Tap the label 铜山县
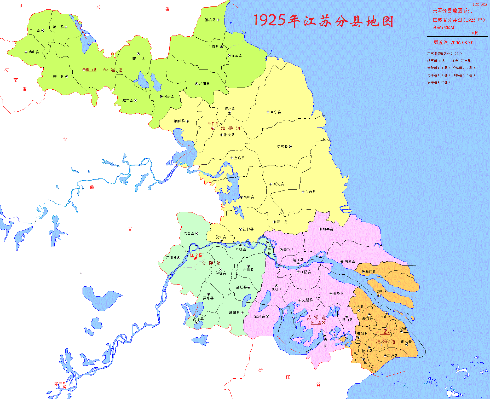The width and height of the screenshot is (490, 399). [x=91, y=70]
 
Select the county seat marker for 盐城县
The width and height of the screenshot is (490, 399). [x=290, y=147]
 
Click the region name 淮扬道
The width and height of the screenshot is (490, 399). [x=230, y=128]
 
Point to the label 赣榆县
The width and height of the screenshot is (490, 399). [x=210, y=20]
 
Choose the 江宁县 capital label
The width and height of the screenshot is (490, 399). [x=196, y=255]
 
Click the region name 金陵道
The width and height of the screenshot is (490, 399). [x=211, y=263]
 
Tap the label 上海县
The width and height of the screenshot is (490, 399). [x=385, y=333]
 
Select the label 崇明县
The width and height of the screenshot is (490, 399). [x=382, y=292]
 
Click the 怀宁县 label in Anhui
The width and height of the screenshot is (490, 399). [x=60, y=384]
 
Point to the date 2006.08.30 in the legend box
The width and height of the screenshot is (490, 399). [x=462, y=43]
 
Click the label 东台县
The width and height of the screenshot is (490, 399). [x=310, y=192]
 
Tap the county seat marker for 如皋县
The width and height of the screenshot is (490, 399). [x=320, y=229]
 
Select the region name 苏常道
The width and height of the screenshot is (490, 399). [x=316, y=317]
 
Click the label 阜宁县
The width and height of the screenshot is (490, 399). [x=276, y=112]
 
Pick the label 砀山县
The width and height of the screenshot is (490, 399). [x=33, y=52]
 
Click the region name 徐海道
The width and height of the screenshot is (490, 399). [x=113, y=70]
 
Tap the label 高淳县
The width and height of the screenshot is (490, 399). [x=198, y=319]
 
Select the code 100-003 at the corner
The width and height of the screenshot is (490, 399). [x=480, y=4]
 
